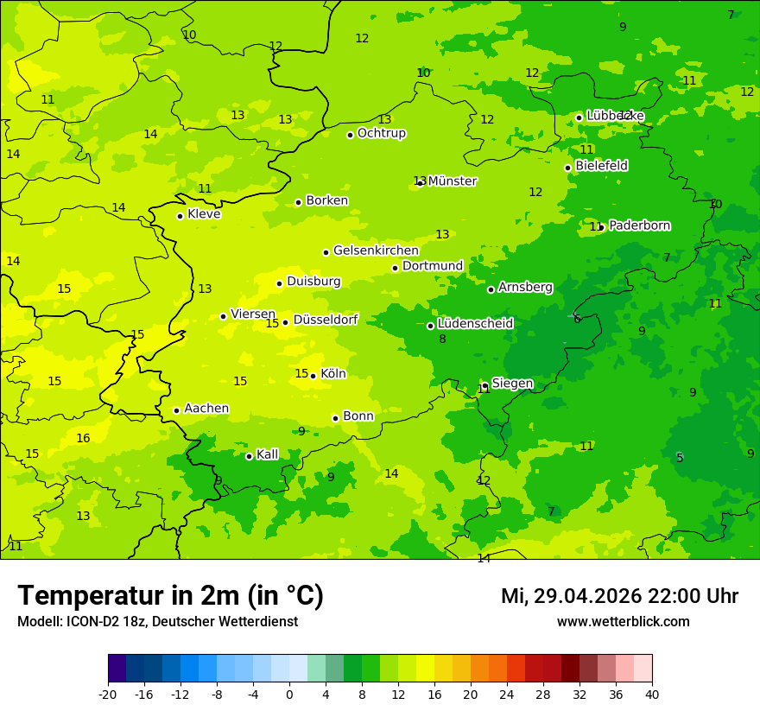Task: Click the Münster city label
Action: (452, 181)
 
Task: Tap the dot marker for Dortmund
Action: (395, 268)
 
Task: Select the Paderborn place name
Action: (639, 225)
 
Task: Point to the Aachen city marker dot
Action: (176, 410)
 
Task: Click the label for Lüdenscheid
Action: (475, 324)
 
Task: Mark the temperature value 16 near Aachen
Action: (83, 439)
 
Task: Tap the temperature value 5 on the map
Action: (680, 458)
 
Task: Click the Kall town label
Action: (267, 454)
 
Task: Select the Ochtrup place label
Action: (381, 133)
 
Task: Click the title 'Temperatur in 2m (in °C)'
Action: (170, 596)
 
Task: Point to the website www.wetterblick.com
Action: (623, 622)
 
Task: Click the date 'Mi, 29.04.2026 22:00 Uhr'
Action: (619, 596)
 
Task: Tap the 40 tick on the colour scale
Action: (652, 694)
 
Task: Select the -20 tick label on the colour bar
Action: (108, 694)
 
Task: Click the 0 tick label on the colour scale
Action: (289, 694)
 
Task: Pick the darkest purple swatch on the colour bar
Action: (117, 669)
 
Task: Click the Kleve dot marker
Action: (180, 216)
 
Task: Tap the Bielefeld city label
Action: (601, 165)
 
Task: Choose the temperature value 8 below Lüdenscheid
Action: (442, 339)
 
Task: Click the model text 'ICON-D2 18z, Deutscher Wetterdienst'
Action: (157, 622)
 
